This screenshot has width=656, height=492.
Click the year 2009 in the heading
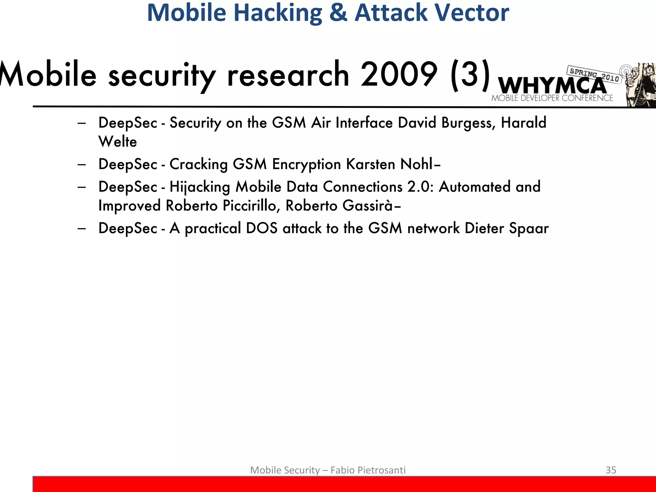pyautogui.click(x=398, y=74)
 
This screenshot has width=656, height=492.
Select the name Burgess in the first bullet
pyautogui.click(x=468, y=123)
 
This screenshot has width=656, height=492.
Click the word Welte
pyautogui.click(x=118, y=142)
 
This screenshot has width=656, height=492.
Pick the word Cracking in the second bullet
pyautogui.click(x=198, y=164)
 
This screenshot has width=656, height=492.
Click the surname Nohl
pyautogui.click(x=416, y=164)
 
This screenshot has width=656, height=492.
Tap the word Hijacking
pyautogui.click(x=200, y=187)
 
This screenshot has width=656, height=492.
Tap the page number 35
pyautogui.click(x=611, y=470)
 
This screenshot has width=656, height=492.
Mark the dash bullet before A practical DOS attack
pyautogui.click(x=82, y=228)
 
